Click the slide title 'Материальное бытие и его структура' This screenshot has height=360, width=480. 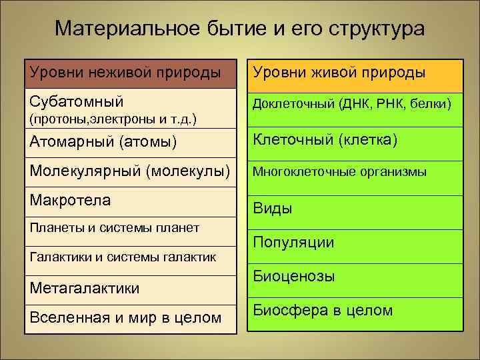(x=239, y=29)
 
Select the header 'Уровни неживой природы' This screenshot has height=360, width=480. (x=125, y=72)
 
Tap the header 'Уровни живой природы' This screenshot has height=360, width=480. (x=338, y=72)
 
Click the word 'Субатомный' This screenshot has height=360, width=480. (x=77, y=101)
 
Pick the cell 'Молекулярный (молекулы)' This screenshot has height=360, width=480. (x=129, y=170)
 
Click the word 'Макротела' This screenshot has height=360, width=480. (x=69, y=199)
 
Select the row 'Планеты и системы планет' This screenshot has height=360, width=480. (x=114, y=228)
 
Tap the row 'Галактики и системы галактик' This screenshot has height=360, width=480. (x=123, y=257)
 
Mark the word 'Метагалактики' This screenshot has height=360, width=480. (x=85, y=287)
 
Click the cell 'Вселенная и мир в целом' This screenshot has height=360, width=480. (x=125, y=317)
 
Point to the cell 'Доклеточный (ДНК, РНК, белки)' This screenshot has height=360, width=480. (x=351, y=103)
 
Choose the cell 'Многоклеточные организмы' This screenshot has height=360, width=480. (x=339, y=171)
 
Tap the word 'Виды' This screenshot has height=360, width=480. (x=272, y=209)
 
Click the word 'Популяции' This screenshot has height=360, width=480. (x=293, y=243)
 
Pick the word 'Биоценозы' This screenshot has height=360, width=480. (x=294, y=276)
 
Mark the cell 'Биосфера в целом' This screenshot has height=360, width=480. (x=323, y=310)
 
